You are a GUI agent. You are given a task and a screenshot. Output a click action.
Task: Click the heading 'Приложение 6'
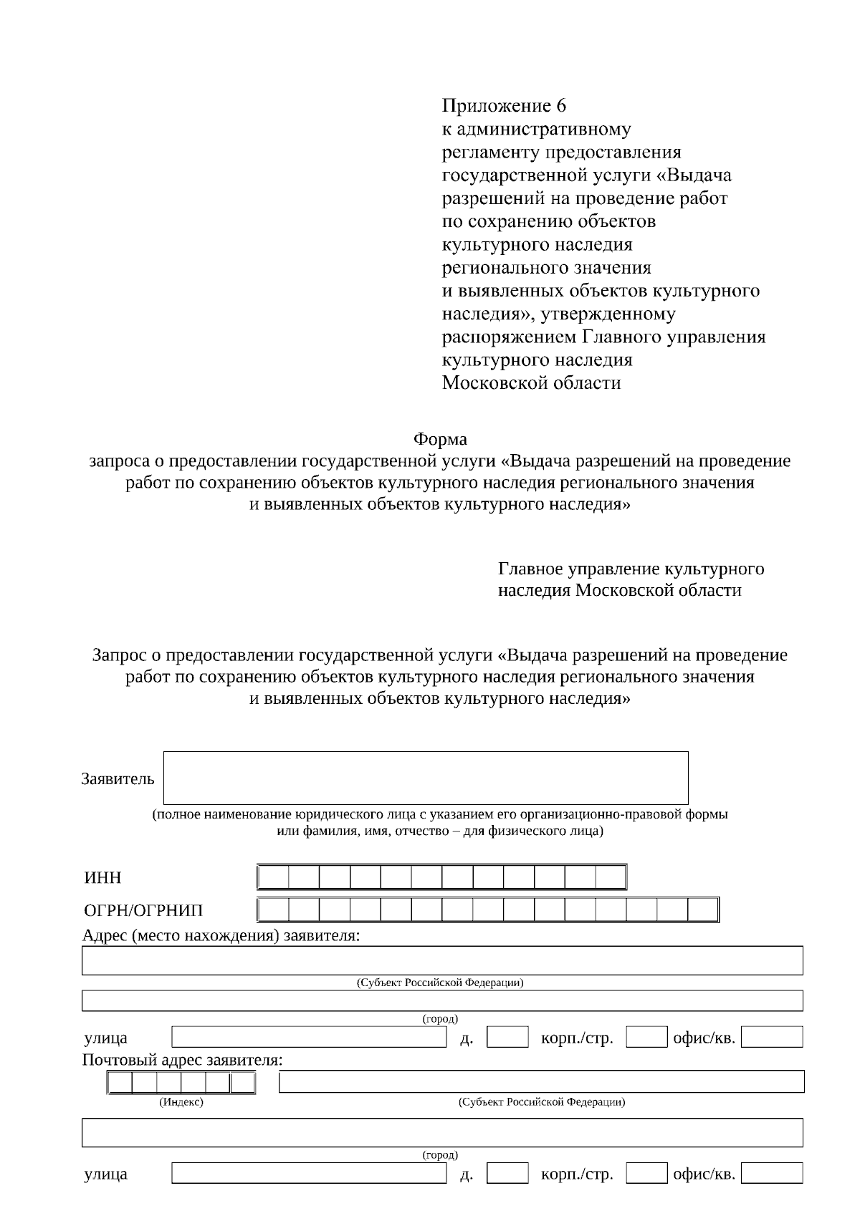503,106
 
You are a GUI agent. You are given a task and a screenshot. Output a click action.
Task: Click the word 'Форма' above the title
439,438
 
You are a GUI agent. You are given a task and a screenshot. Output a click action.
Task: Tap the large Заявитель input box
426,778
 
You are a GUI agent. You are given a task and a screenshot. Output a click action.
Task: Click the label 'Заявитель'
118,779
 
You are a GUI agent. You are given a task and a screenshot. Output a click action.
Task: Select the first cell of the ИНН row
273,877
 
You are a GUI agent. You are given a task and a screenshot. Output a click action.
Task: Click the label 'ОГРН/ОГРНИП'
143,910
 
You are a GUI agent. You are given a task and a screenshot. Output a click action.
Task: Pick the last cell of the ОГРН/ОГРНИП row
702,909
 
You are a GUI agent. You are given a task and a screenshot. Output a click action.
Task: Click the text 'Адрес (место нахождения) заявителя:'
221,935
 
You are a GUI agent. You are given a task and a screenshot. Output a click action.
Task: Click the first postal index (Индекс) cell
120,1083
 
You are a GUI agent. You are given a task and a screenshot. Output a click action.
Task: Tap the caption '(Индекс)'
181,1102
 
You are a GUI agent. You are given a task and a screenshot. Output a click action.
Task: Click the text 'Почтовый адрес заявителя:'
182,1060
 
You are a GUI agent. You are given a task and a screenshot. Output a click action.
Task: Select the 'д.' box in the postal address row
507,1173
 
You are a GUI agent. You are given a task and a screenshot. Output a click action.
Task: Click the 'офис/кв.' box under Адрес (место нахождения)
772,1037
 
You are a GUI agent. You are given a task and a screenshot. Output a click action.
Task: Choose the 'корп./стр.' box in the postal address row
646,1173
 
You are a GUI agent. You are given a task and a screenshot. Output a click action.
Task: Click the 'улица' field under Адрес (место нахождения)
309,1037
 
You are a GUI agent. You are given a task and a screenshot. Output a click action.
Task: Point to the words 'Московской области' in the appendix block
531,383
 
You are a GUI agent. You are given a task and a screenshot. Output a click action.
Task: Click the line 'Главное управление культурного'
631,569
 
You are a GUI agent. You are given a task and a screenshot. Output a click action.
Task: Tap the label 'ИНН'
102,878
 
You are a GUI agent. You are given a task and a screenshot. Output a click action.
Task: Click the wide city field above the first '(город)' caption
442,1000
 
